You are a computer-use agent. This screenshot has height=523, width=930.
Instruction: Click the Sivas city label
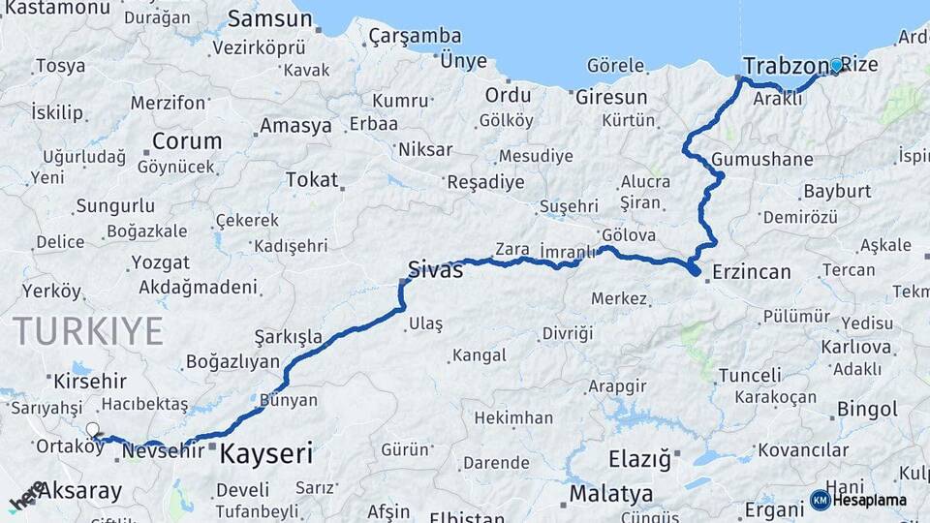[435, 269]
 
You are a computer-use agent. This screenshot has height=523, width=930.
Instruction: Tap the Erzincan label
[751, 272]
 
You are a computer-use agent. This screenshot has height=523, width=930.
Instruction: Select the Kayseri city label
[266, 452]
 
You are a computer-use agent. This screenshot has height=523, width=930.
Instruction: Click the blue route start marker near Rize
[836, 66]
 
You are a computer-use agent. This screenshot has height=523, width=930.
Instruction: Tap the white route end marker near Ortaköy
[92, 429]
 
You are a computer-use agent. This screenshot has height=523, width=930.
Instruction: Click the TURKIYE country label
[88, 331]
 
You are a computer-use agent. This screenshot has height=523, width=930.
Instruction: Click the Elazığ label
[638, 459]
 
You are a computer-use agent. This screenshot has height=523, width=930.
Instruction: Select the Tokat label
[312, 179]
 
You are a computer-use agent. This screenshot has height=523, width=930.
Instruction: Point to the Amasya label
[295, 127]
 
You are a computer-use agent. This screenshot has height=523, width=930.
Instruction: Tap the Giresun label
[611, 97]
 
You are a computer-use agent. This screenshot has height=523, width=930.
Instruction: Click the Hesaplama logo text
[871, 500]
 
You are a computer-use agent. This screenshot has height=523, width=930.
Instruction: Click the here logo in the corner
[27, 496]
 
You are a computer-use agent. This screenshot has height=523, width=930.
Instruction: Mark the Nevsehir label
[164, 450]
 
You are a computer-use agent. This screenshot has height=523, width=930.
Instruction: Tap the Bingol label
[867, 409]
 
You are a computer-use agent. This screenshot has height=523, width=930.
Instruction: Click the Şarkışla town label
[288, 336]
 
